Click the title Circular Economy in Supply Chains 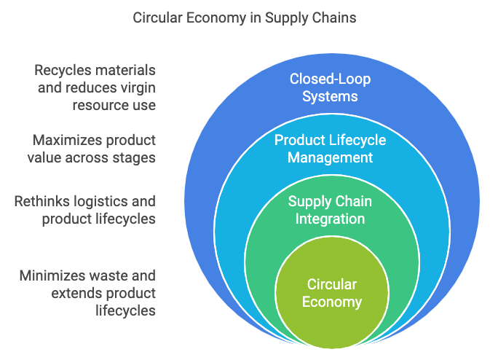pos(245,17)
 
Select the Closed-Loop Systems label pos(330,87)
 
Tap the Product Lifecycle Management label pos(330,149)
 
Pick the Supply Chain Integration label pos(330,210)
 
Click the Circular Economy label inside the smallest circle pos(332,293)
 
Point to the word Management pos(330,157)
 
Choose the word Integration pos(330,219)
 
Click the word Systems pos(330,96)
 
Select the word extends pos(73,294)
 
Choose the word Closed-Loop pos(330,79)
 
